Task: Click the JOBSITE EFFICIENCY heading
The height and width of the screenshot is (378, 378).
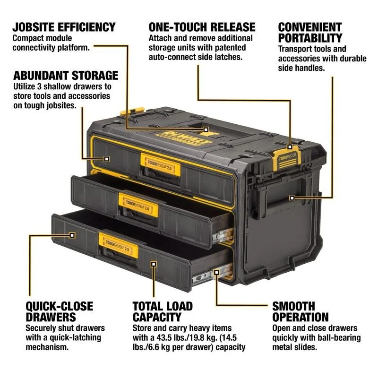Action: (64, 26)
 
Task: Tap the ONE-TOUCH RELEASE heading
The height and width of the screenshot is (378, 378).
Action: (202, 26)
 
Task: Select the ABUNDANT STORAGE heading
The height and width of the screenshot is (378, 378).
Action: (66, 75)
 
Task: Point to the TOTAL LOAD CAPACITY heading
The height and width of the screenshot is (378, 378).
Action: (169, 311)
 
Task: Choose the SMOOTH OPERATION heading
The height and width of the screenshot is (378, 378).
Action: (300, 311)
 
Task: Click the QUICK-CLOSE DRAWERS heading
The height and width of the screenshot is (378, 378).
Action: (60, 311)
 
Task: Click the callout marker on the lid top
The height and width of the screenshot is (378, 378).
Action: (206, 129)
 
